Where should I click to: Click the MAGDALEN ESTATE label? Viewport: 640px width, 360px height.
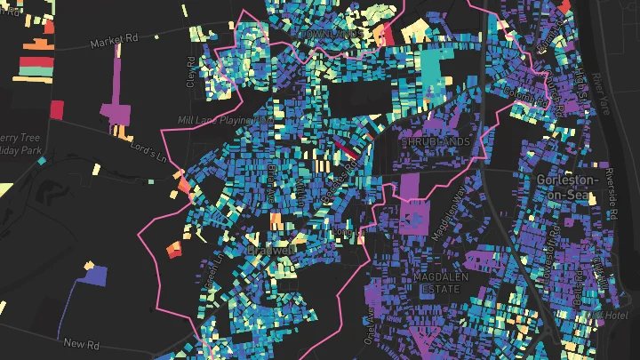point(435,284)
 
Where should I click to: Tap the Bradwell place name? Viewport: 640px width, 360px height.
point(272,252)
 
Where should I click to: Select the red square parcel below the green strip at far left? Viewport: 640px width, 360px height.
point(57,108)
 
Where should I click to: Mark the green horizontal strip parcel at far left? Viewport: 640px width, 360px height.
point(36,67)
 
